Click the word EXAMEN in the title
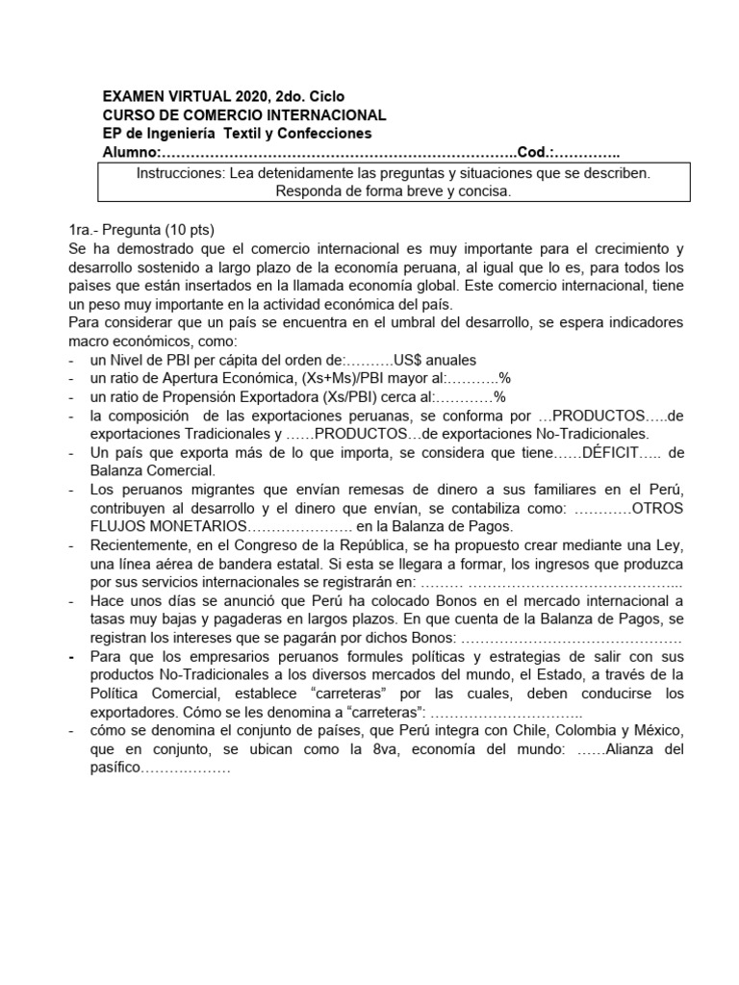click(x=135, y=96)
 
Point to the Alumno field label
click(x=129, y=152)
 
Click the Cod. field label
click(x=535, y=152)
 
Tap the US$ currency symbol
click(x=415, y=360)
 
